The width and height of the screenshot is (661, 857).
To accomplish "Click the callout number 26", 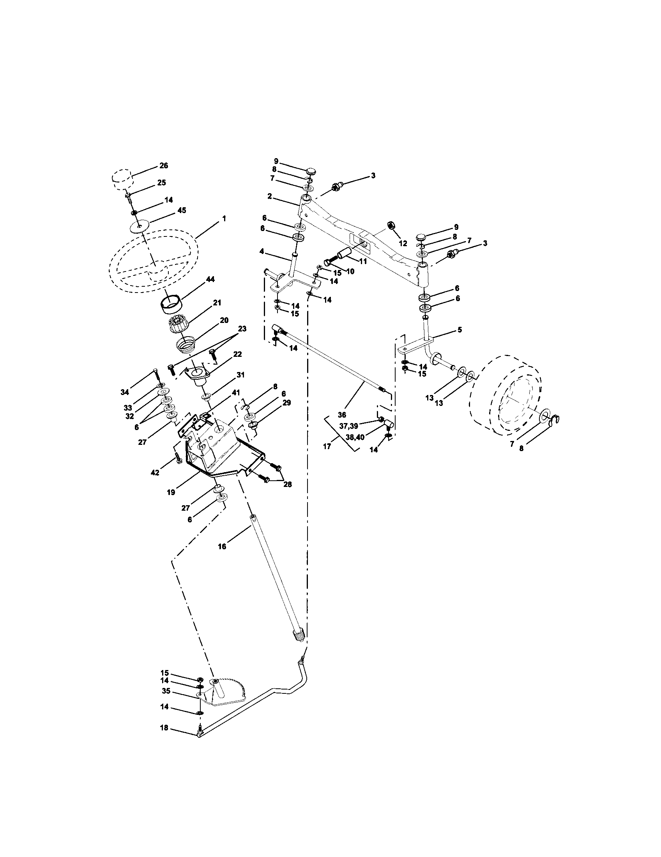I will pos(163,166).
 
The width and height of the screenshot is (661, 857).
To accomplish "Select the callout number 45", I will pos(181,210).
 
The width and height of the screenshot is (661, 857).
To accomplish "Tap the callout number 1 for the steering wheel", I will pos(224,219).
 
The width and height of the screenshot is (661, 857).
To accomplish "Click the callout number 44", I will pos(210,279).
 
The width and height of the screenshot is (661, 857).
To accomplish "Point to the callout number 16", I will pos(222,546).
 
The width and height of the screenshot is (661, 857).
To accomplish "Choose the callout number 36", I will pos(342,414).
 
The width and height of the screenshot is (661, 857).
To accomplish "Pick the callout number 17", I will pos(327,446).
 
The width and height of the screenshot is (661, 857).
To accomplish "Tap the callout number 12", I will pos(403,243).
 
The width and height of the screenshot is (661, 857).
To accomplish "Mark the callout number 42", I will pos(155,473).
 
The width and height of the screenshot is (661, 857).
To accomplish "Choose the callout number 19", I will pos(171,492).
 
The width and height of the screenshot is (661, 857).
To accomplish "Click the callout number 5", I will pos(459,330).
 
